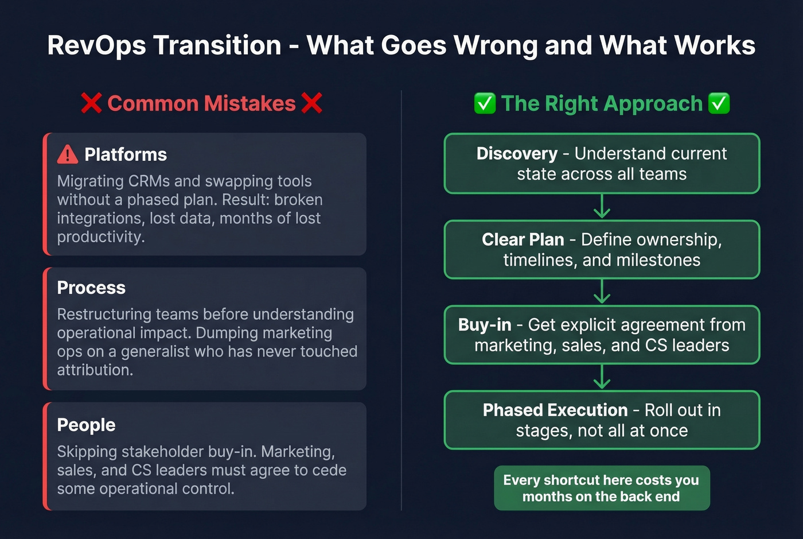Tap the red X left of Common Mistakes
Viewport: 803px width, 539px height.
(x=91, y=103)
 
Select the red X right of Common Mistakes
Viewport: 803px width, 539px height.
(x=311, y=103)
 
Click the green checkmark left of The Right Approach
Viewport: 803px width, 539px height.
(x=485, y=103)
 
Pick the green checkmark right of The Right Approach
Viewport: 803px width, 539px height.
(x=719, y=103)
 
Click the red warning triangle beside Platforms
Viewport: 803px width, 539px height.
(x=68, y=154)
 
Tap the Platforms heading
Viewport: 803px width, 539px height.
(x=126, y=154)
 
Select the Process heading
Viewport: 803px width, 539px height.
(x=91, y=288)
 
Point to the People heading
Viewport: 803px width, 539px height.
(x=86, y=425)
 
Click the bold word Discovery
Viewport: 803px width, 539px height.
(x=517, y=154)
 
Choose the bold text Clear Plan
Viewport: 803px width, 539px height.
(x=523, y=239)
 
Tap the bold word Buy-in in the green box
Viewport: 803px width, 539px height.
(x=485, y=325)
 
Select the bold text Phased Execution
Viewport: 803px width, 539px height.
(x=555, y=410)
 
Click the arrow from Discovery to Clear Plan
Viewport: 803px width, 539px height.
(x=602, y=207)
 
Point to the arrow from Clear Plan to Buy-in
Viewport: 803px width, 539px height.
(x=602, y=292)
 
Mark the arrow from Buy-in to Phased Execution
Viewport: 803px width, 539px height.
(x=602, y=377)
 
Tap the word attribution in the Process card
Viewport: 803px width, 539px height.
(x=95, y=370)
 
